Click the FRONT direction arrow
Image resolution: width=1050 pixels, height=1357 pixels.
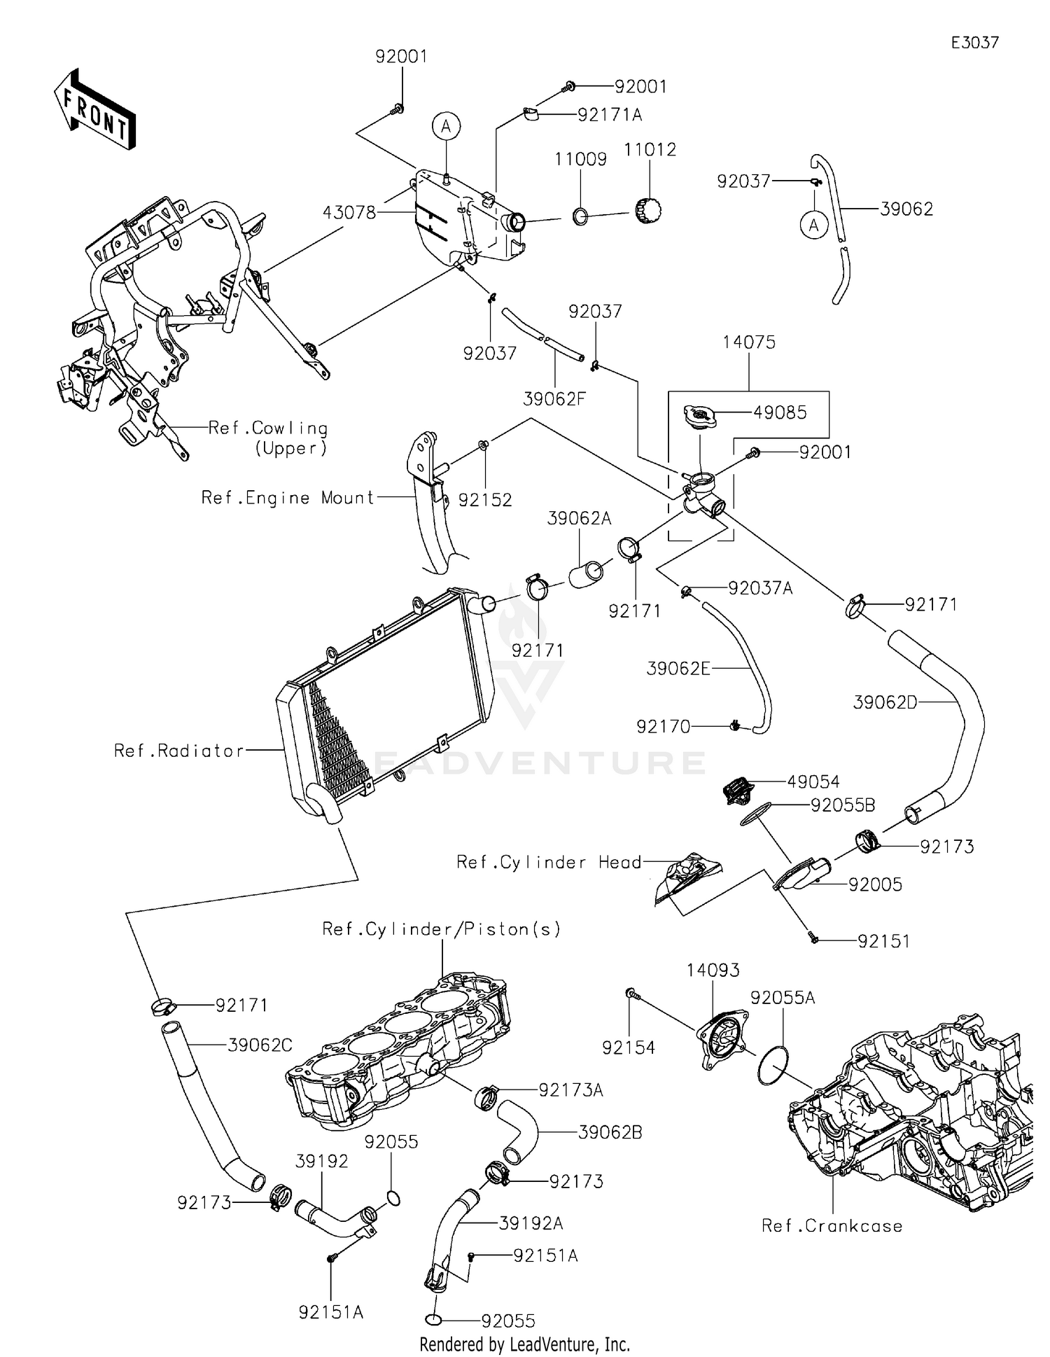(x=94, y=110)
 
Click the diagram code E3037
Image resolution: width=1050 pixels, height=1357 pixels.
(x=974, y=43)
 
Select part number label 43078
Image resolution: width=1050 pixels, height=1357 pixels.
(x=349, y=212)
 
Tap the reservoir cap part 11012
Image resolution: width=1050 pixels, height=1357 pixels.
(x=648, y=209)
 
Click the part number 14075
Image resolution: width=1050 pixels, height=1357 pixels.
(x=749, y=342)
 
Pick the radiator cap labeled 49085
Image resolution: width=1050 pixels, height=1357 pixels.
(x=701, y=417)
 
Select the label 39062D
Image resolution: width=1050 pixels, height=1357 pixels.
(x=885, y=702)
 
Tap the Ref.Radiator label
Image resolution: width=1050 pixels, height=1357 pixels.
(x=179, y=751)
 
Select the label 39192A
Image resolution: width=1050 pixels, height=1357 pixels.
(x=531, y=1223)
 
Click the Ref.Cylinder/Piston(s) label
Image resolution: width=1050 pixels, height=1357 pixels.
(x=442, y=929)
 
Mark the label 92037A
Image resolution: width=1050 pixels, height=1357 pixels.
(x=760, y=588)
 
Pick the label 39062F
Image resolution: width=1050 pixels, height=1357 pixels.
(x=554, y=399)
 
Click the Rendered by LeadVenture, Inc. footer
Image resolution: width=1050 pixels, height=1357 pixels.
(x=524, y=1344)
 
